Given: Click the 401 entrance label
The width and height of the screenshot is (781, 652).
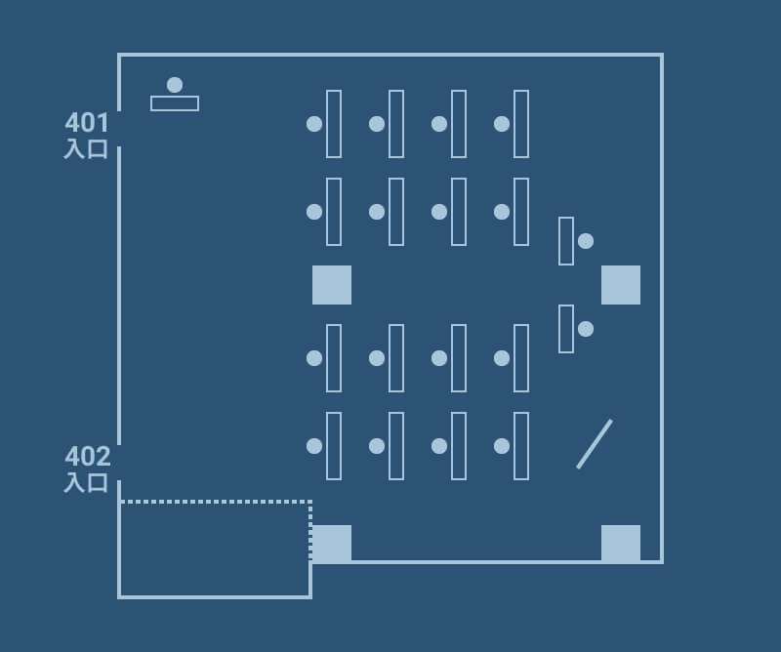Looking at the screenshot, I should (87, 135).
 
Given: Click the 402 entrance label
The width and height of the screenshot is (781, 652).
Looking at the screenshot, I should (87, 469).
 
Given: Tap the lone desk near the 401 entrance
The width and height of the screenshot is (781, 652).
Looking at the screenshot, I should (175, 103).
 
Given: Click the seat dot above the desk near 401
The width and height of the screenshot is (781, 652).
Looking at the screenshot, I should (175, 85).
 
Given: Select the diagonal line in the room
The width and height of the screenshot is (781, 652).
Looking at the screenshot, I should (595, 444).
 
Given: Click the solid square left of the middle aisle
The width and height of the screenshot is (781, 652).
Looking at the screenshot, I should (332, 285).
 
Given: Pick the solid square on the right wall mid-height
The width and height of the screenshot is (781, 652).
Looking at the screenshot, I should (621, 285).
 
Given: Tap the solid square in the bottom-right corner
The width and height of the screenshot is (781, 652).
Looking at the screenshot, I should (621, 544).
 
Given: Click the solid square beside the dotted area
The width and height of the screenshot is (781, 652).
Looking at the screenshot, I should (332, 544).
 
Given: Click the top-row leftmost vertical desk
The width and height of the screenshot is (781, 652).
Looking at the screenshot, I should (334, 124).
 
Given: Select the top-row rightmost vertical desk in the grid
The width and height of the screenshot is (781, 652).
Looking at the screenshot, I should (521, 124).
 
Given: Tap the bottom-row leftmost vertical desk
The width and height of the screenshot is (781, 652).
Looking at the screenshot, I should (334, 446).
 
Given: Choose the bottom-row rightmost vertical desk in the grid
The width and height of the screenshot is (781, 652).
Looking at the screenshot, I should (521, 446).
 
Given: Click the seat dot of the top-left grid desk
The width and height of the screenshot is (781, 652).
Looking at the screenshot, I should (314, 124).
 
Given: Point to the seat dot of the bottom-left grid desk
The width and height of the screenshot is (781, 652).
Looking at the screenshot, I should (314, 446).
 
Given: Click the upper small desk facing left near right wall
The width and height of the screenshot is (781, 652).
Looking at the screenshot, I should (566, 241).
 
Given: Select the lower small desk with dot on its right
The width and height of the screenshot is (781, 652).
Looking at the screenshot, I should (566, 329).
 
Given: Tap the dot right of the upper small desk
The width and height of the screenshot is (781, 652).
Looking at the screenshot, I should (586, 241).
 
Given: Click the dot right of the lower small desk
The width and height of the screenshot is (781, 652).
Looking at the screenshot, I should (586, 329).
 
